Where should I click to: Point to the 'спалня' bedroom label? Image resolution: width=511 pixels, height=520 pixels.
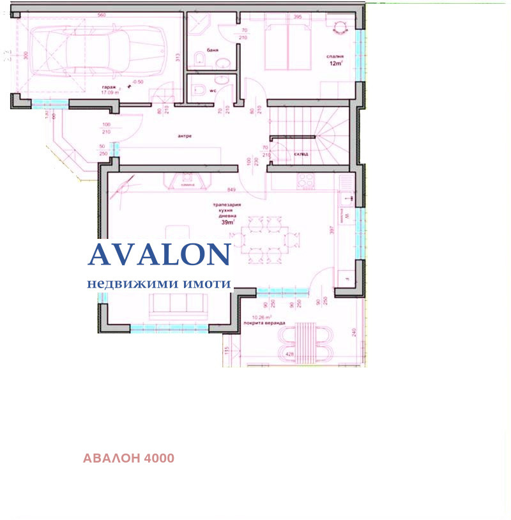click(x=337, y=56)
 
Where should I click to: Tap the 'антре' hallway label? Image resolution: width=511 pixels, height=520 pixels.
click(x=185, y=135)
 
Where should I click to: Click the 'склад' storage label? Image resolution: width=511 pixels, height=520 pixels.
click(x=301, y=154)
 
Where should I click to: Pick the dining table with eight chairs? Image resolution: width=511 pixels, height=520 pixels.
click(x=265, y=240)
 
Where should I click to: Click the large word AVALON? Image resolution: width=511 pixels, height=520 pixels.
click(x=159, y=254)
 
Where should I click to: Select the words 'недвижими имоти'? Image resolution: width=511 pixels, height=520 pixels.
click(x=159, y=284)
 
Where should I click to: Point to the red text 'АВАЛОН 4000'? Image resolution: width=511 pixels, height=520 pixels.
click(x=128, y=458)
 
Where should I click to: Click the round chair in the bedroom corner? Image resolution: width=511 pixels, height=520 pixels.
click(x=339, y=26)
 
